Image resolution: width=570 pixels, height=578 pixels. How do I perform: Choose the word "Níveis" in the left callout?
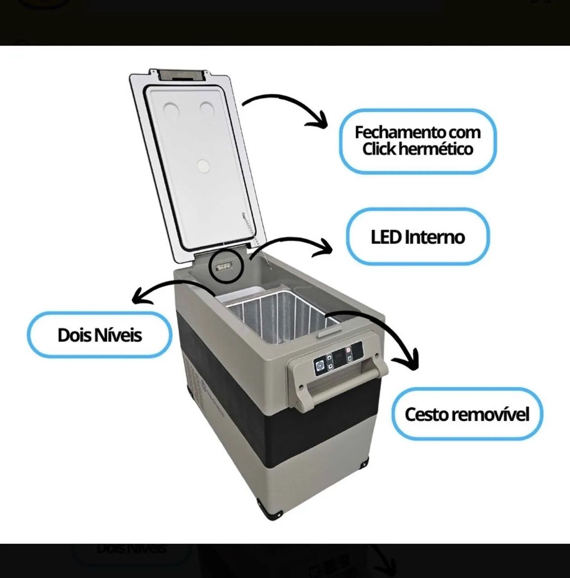(117, 335)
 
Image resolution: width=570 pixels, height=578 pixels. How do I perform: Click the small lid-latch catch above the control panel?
(329, 333)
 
